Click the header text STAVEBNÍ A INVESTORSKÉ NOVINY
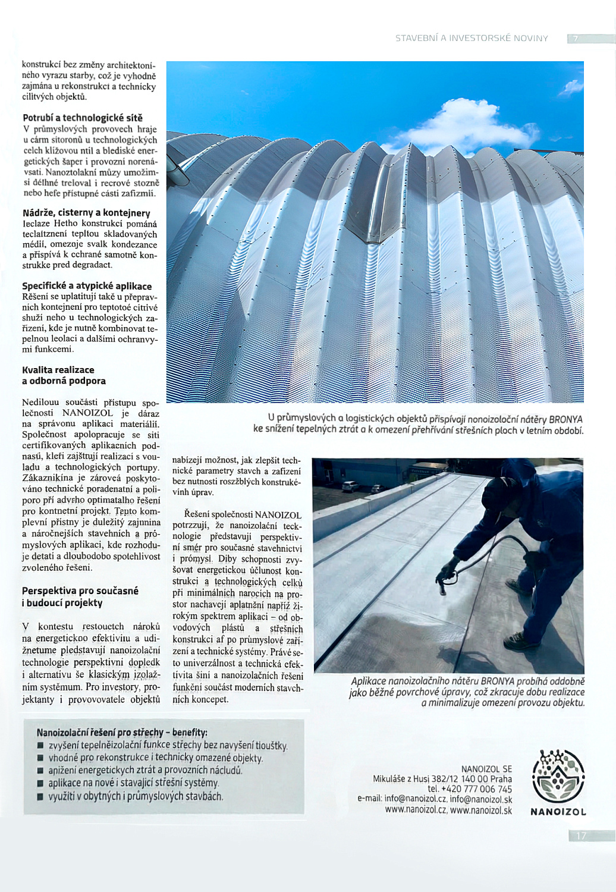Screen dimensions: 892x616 pos(472,38)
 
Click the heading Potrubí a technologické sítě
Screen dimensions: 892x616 pos(83,118)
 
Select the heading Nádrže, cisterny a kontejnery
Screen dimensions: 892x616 pos(86,213)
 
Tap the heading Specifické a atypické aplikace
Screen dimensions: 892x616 pos(87,286)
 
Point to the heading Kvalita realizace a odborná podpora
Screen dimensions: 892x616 pos(64,375)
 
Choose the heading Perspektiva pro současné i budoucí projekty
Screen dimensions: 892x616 pos(80,596)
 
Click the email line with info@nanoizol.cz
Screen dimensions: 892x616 pos(435,799)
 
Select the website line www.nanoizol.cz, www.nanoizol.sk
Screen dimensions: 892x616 pos(448,810)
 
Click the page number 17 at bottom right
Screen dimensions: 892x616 pos(581,836)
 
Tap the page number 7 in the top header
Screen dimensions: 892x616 pos(575,39)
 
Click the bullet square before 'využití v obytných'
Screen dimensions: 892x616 pos(40,796)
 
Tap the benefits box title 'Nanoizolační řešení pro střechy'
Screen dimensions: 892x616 pos(122,732)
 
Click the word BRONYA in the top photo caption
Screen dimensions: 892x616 pos(565,419)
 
